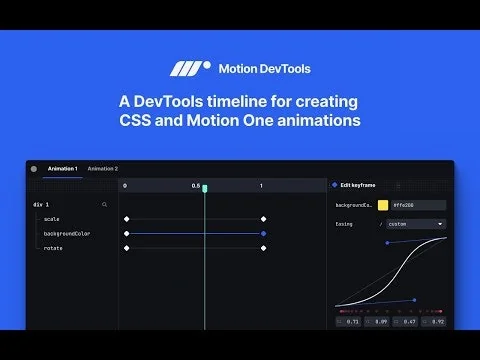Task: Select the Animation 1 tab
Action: point(63,169)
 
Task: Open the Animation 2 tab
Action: point(103,169)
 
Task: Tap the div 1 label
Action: point(42,204)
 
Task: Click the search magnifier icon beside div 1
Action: point(104,204)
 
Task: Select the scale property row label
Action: point(52,218)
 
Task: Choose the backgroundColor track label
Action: point(67,233)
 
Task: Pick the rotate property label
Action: point(53,248)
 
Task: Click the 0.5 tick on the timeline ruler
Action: point(196,186)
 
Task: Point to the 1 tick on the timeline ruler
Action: point(261,186)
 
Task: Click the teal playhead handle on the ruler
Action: point(205,188)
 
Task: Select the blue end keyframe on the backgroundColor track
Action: point(263,233)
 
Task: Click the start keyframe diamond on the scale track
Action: point(126,218)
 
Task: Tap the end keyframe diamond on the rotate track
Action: point(263,248)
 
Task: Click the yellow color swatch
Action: point(383,205)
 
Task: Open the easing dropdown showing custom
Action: point(415,224)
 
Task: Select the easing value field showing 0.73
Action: point(349,322)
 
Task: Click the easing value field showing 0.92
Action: point(436,322)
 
